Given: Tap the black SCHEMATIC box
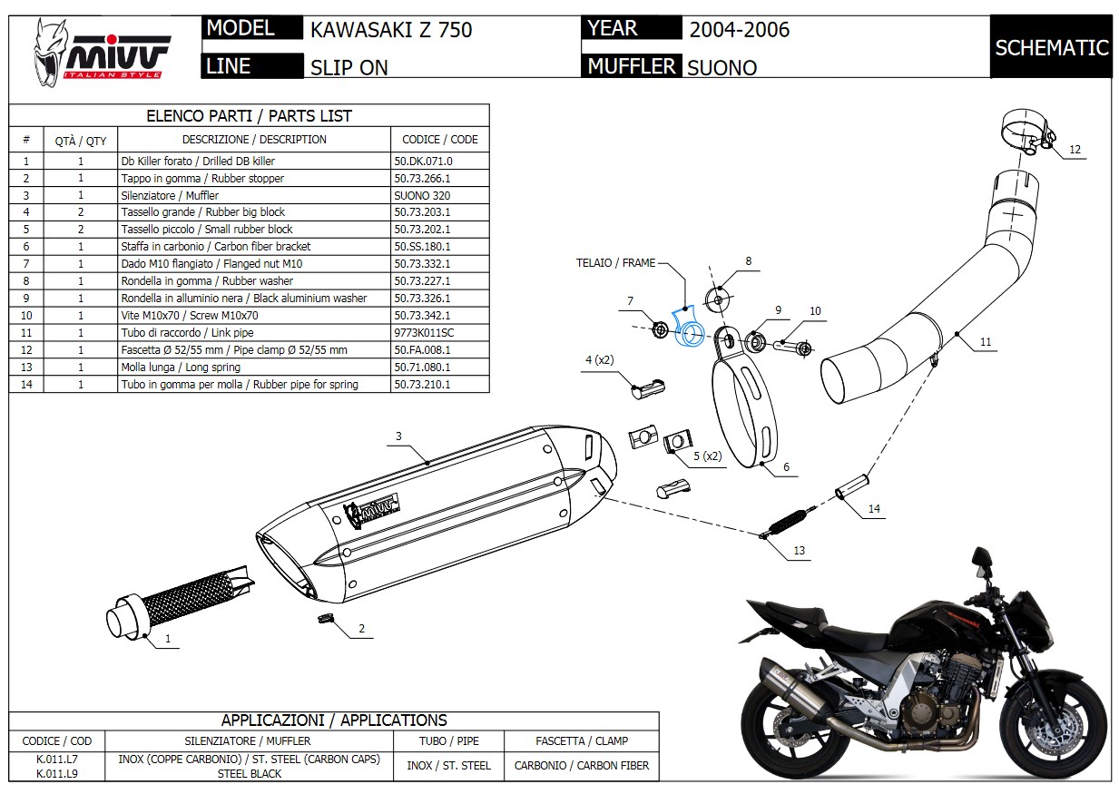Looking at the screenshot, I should [1051, 47].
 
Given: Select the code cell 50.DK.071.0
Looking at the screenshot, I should [423, 161].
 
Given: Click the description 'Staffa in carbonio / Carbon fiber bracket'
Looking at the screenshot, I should [215, 246].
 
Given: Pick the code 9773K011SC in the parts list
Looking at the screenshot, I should [424, 332].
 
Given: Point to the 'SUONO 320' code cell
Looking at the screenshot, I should [422, 195].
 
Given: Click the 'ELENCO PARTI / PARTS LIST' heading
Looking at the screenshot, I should [249, 116].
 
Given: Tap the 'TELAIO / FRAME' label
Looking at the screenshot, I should [615, 263].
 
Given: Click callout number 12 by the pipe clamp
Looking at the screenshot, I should [1075, 150].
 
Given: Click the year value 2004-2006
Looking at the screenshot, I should [739, 29].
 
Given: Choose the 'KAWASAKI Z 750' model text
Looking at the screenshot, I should [391, 29].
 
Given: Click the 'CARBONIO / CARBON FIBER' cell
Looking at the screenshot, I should [581, 765].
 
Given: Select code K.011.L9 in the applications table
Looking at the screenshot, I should [56, 774].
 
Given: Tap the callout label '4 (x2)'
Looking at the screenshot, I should [599, 359].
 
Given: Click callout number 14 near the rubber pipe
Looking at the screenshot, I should [873, 509].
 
